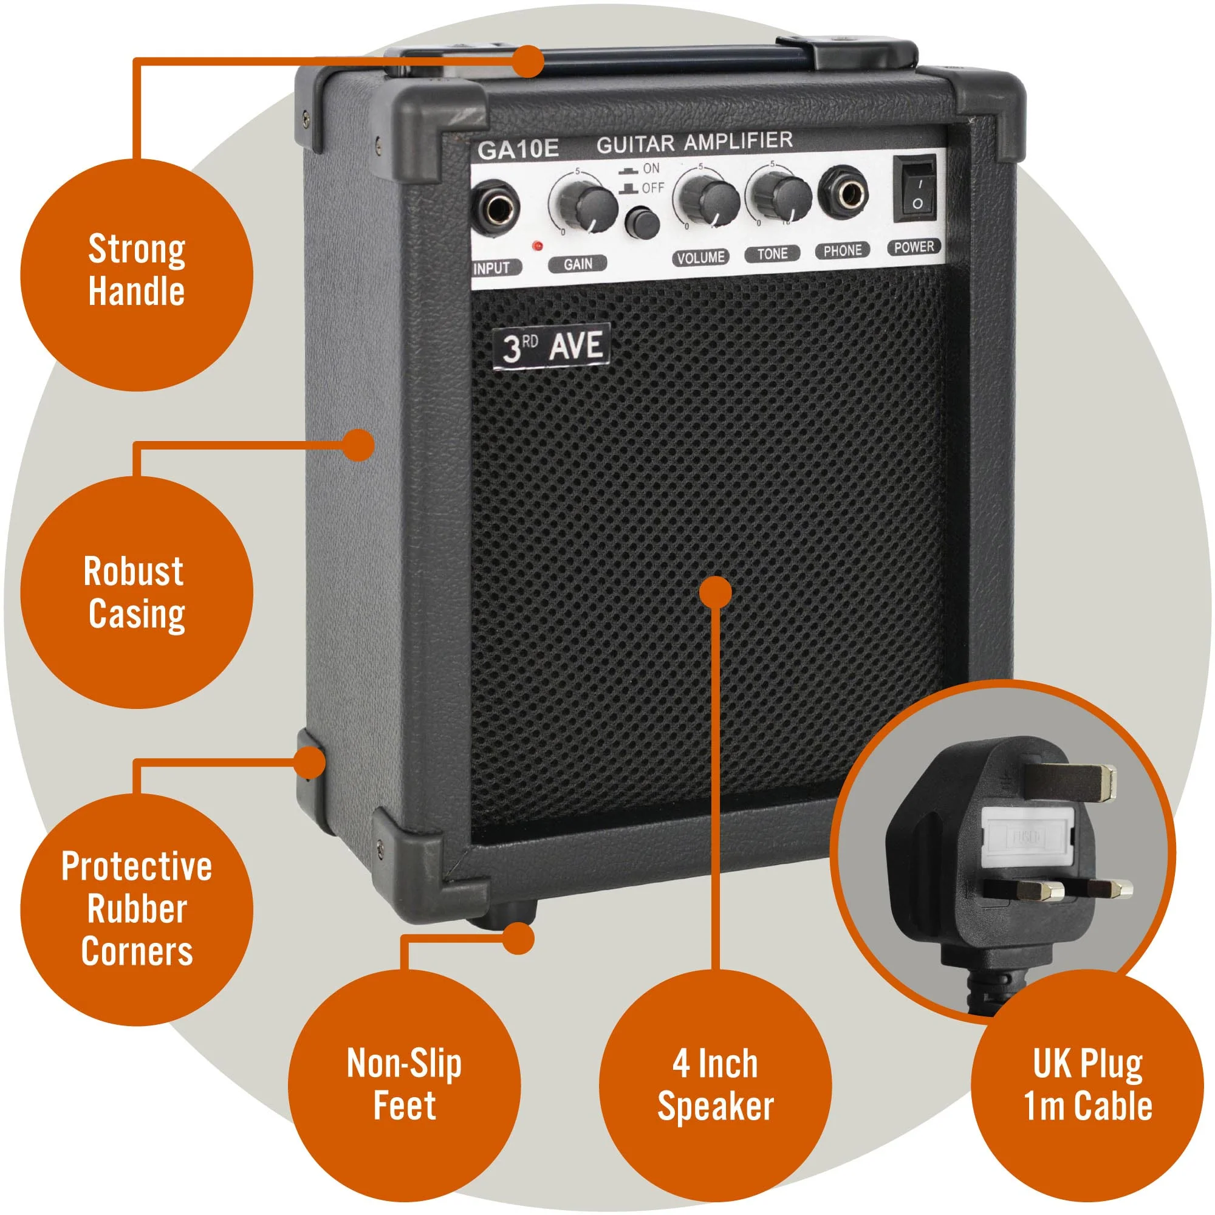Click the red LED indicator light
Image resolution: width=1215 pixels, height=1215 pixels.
(x=538, y=246)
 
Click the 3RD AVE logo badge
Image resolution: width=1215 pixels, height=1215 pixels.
(x=551, y=347)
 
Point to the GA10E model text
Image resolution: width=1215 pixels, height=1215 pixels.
(x=518, y=149)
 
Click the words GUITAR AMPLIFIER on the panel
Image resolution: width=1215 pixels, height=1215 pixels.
(x=694, y=142)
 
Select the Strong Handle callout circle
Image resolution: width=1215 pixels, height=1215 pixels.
(x=137, y=275)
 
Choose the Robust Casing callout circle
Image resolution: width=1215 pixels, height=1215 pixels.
(x=137, y=592)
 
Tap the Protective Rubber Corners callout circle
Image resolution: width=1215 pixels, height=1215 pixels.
(x=137, y=909)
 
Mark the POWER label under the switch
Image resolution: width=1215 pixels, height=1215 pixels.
(x=914, y=247)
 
